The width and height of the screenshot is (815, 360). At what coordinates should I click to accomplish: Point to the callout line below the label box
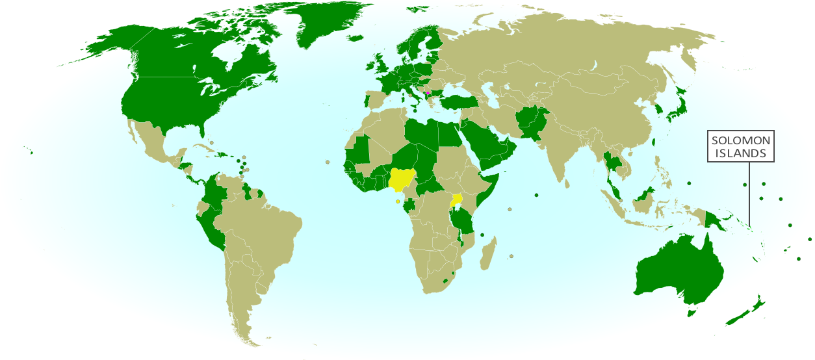pyautogui.click(x=749, y=195)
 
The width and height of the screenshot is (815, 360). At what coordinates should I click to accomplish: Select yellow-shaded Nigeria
pyautogui.click(x=402, y=177)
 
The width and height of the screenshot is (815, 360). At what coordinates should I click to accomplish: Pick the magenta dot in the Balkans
pyautogui.click(x=427, y=93)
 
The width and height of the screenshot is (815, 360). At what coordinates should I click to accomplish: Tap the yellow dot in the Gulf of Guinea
pyautogui.click(x=398, y=201)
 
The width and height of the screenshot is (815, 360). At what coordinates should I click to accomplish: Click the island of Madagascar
pyautogui.click(x=489, y=254)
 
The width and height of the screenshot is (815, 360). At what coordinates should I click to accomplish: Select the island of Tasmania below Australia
pyautogui.click(x=692, y=313)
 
